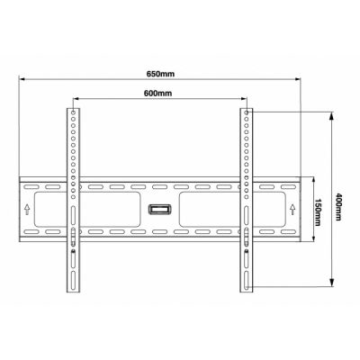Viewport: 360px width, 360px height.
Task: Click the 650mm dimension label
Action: coord(160,74)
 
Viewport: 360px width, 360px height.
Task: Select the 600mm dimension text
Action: coord(158,93)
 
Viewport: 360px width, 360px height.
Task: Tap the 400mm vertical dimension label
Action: coord(338,206)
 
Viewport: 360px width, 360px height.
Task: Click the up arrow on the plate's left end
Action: coord(27,210)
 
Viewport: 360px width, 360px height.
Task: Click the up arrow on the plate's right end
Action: coord(292,210)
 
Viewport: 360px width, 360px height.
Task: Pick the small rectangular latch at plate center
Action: coord(160,210)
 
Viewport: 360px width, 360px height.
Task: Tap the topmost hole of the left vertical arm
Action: coord(73,112)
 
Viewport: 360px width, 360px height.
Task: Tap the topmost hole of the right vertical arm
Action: coord(247,112)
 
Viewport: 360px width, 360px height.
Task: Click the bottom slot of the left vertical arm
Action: coord(73,281)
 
